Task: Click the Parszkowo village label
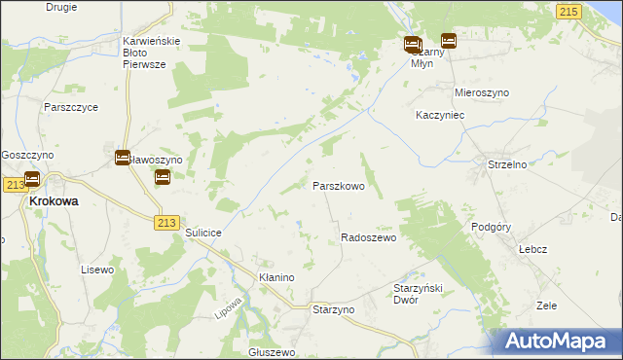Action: pos(338,185)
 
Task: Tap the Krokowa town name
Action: pos(54,201)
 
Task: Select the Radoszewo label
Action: pos(368,237)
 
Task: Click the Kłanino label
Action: pos(275,277)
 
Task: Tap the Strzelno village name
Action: pos(506,164)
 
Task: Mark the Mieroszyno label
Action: pos(482,92)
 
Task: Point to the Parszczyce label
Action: pos(71,107)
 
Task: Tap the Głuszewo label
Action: pos(272,352)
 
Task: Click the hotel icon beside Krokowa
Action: pos(31,179)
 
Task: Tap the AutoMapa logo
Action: pos(557,341)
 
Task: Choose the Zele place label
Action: pos(546,306)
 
